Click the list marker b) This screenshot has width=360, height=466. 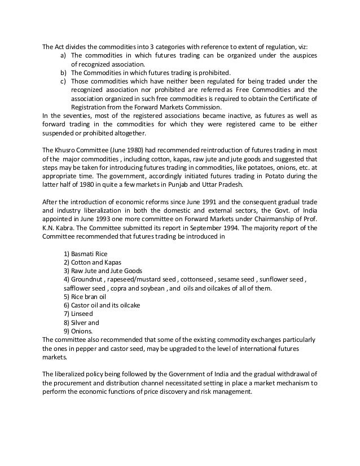pyautogui.click(x=63, y=73)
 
